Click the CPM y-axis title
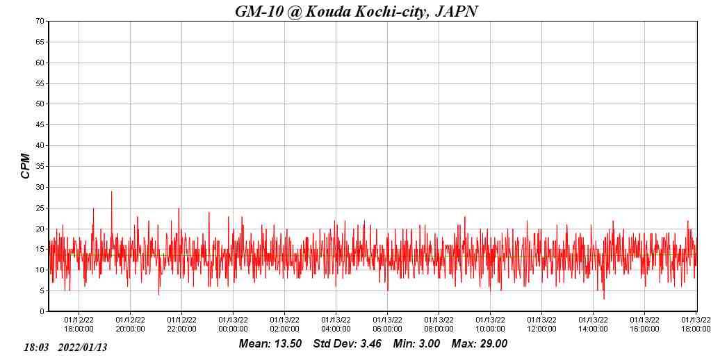(x=26, y=166)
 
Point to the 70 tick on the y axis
(x=40, y=21)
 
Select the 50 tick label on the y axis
(x=40, y=104)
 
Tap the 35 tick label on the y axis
(x=40, y=166)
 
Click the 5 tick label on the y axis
(x=42, y=291)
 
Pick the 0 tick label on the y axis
(x=42, y=311)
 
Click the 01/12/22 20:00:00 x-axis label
(x=130, y=325)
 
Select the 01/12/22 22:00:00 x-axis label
(x=181, y=325)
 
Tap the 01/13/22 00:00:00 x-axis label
(x=233, y=325)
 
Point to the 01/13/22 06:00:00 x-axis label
(x=387, y=325)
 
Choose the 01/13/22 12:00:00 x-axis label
(x=541, y=325)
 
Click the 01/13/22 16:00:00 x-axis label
(x=644, y=325)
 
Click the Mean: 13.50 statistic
(x=270, y=344)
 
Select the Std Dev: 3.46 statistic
(x=346, y=344)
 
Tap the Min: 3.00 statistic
(x=416, y=344)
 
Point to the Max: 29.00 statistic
(x=480, y=344)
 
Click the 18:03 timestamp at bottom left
(x=36, y=347)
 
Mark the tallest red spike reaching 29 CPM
(x=111, y=193)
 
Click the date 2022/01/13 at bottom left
(x=83, y=347)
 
